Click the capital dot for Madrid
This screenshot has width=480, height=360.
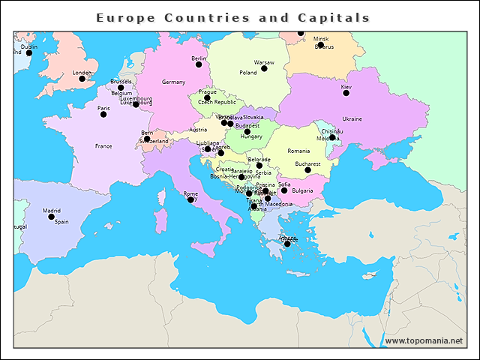coord(52,217)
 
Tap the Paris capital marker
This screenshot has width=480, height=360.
coord(103,114)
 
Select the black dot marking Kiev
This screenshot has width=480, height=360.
coord(346,93)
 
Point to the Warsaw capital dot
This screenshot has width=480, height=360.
coord(264,69)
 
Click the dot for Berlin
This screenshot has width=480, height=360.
coord(199,64)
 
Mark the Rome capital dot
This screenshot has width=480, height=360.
coord(190,199)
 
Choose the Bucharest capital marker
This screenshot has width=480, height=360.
coord(307,170)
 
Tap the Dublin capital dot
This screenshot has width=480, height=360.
coord(29,53)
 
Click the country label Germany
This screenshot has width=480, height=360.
coord(173,82)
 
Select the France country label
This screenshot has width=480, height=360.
coord(103,146)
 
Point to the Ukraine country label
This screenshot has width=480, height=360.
coord(352,119)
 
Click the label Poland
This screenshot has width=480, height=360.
coord(248,73)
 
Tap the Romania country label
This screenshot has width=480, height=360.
coord(298,151)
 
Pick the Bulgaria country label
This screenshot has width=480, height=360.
coord(302,191)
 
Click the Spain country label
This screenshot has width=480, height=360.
coord(61,222)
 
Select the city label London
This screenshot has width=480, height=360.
coord(81,73)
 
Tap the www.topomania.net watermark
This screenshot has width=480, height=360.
coord(424,340)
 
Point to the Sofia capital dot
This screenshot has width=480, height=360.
coord(283,190)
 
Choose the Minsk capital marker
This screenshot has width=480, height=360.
coord(320,45)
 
